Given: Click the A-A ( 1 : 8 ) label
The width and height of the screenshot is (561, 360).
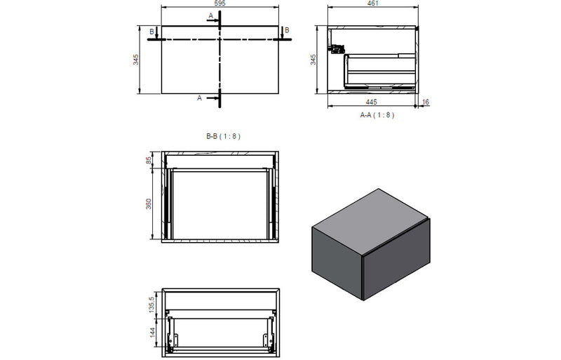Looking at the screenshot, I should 377,114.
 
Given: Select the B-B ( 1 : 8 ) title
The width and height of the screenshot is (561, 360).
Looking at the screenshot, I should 223,137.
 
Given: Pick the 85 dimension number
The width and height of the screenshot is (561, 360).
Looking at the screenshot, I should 149,161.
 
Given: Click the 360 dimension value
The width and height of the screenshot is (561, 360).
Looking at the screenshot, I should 149,205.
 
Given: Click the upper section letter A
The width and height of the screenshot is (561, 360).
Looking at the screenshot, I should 210,15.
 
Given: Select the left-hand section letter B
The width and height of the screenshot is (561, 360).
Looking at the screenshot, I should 151,31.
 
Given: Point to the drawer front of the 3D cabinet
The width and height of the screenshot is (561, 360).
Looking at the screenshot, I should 396,253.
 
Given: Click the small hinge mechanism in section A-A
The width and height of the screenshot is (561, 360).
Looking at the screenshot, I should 336,49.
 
